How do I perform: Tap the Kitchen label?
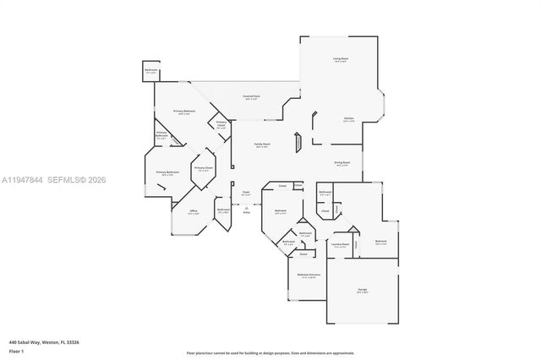click(348, 118)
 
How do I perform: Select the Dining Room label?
click(342, 164)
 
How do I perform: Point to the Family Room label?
click(262, 145)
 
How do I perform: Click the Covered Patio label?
click(251, 97)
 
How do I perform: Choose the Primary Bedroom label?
click(184, 112)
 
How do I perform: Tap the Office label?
click(193, 211)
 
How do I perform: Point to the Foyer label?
click(245, 193)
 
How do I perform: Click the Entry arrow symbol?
click(246, 207)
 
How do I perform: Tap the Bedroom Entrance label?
click(308, 275)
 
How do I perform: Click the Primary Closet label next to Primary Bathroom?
click(203, 168)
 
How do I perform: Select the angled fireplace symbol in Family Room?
click(297, 141)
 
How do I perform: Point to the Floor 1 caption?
click(16, 350)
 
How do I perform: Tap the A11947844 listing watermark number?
click(21, 180)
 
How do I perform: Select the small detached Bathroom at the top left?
click(150, 71)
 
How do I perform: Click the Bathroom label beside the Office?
click(223, 210)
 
